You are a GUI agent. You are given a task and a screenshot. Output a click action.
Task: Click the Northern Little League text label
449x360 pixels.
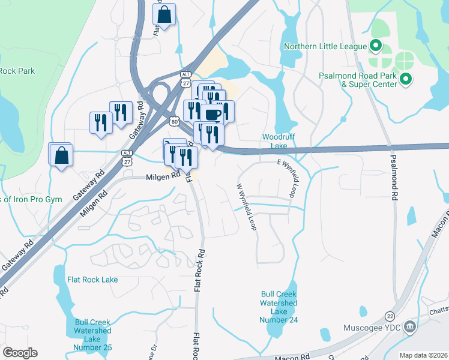pyautogui.click(x=325, y=46)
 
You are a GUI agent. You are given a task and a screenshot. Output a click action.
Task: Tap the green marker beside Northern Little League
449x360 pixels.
pyautogui.click(x=376, y=45)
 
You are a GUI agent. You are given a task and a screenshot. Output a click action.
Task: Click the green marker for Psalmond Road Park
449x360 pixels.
pyautogui.click(x=405, y=79)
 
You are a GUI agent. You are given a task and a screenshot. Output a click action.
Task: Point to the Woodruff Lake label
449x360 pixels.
pyautogui.click(x=275, y=141)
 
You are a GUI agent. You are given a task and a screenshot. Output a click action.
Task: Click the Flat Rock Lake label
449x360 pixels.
pyautogui.click(x=93, y=280)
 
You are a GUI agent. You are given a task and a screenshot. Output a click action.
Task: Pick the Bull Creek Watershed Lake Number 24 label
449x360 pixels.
pyautogui.click(x=279, y=307)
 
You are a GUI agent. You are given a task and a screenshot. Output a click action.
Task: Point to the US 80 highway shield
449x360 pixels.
pyautogui.click(x=174, y=121)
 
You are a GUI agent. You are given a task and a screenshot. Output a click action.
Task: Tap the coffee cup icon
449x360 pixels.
pyautogui.click(x=212, y=113)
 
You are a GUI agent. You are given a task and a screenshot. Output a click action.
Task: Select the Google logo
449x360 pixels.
pyautogui.click(x=20, y=353)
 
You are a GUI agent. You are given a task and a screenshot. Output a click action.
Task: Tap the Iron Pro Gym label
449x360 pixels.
pyautogui.click(x=31, y=199)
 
